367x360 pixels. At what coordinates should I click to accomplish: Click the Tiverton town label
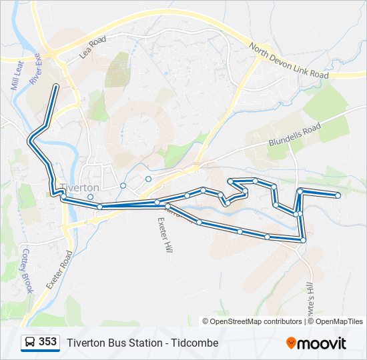point(79,188)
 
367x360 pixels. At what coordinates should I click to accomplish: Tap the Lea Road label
point(93,49)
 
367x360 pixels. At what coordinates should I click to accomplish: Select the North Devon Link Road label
point(290,61)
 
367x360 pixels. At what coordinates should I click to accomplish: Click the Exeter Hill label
point(164,233)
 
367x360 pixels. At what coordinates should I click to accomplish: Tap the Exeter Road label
point(59,269)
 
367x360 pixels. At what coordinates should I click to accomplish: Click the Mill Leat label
point(15,75)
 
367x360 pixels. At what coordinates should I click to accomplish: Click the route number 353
point(47,342)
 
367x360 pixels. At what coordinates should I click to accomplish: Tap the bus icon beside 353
point(30,343)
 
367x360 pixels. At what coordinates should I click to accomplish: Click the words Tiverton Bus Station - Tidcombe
point(142,343)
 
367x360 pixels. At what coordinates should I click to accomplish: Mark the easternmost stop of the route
point(338,195)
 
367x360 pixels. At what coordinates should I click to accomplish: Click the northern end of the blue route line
point(55,86)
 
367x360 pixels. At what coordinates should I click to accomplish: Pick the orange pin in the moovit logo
point(291,343)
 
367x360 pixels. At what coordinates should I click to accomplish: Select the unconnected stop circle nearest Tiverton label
point(90,197)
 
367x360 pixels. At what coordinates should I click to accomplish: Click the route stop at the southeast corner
point(304,239)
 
